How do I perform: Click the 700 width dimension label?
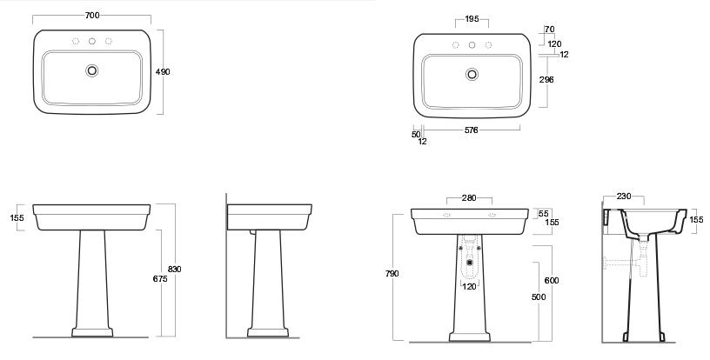click(x=92, y=16)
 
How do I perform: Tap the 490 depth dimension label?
click(x=163, y=72)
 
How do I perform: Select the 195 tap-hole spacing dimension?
click(x=472, y=19)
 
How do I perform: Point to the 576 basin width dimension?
click(x=471, y=130)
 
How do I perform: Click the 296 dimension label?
click(x=546, y=80)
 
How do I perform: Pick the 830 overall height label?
click(x=174, y=269)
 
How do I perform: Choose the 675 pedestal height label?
click(x=160, y=279)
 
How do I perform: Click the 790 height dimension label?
click(x=392, y=274)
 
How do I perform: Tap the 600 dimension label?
click(x=552, y=280)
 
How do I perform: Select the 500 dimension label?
click(x=539, y=297)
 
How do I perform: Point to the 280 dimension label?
click(x=469, y=197)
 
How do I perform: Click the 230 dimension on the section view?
click(x=624, y=197)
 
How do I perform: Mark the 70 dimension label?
click(x=549, y=30)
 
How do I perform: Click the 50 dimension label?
click(x=416, y=134)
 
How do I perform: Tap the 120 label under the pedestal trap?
click(x=469, y=286)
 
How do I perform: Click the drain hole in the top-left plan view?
click(x=92, y=70)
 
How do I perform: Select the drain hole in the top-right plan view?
click(x=472, y=74)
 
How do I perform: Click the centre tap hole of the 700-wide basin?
click(x=92, y=41)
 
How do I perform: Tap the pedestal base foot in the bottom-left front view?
click(x=92, y=332)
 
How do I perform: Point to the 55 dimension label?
click(x=543, y=213)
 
